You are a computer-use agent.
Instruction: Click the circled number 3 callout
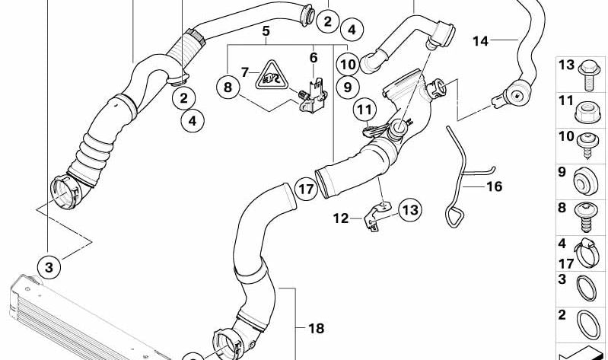(x=49, y=267)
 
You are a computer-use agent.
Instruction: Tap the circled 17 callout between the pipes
(x=306, y=189)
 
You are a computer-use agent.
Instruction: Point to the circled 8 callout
(x=227, y=88)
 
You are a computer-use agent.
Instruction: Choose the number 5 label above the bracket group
(x=266, y=31)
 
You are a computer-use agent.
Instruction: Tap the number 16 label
(x=494, y=185)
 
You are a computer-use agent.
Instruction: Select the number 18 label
(x=316, y=328)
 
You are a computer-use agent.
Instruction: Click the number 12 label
(x=340, y=218)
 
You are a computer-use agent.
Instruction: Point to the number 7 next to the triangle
(x=245, y=72)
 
